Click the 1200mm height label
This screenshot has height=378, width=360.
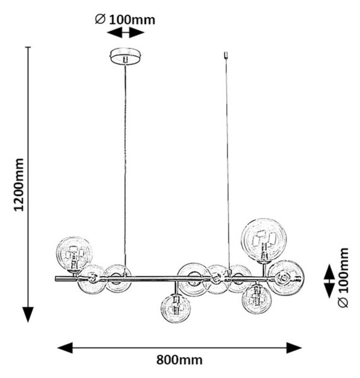coord(19,185)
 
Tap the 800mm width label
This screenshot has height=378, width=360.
coord(179,360)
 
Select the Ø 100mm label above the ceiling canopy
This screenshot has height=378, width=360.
coord(125,20)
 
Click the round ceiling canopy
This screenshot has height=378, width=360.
coord(125,57)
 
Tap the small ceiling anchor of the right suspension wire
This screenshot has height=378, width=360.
coord(226,55)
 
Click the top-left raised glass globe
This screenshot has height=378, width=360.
coord(74,254)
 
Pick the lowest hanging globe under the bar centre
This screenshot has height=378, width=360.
coord(176,308)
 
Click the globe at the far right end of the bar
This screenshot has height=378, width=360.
coord(286,277)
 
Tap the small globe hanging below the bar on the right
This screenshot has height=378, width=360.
coord(257,299)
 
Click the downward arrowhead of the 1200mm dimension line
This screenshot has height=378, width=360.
coord(28,314)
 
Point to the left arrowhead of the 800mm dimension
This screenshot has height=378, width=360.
coord(65,348)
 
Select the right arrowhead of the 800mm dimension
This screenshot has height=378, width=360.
coord(294,348)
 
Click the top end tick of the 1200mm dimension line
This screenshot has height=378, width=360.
coord(28,47)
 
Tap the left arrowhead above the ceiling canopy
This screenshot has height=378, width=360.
coord(115,32)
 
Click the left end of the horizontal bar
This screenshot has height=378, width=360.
coord(56,279)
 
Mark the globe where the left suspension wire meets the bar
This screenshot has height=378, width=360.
coord(118,278)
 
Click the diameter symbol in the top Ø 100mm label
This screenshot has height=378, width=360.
coord(100,19)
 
